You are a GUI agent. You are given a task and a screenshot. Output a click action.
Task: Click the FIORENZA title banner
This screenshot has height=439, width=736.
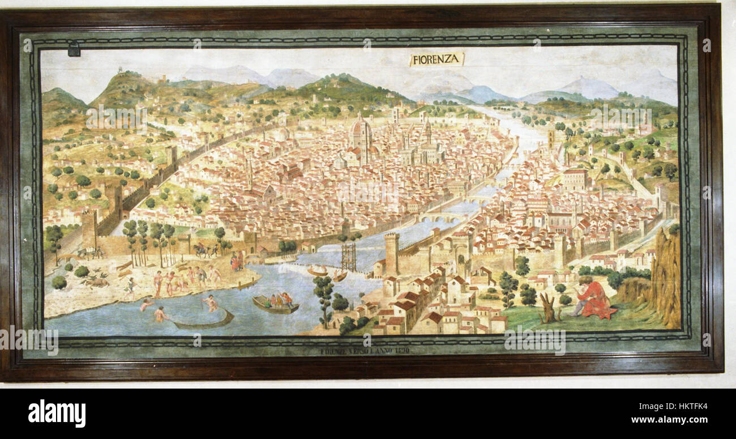(x=437, y=59)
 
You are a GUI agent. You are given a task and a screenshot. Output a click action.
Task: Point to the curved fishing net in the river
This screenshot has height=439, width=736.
(x=203, y=322)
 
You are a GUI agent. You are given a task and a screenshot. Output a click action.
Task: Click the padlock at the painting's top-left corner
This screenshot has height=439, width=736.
(x=74, y=50)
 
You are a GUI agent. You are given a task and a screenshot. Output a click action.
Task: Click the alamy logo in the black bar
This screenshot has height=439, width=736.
(x=57, y=413)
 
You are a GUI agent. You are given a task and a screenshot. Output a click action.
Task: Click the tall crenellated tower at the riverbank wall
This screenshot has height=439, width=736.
(x=391, y=253)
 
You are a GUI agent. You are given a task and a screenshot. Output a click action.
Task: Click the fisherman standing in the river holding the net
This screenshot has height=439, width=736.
(x=211, y=302)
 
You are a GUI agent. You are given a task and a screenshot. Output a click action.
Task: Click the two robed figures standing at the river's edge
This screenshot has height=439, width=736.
(x=236, y=261)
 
